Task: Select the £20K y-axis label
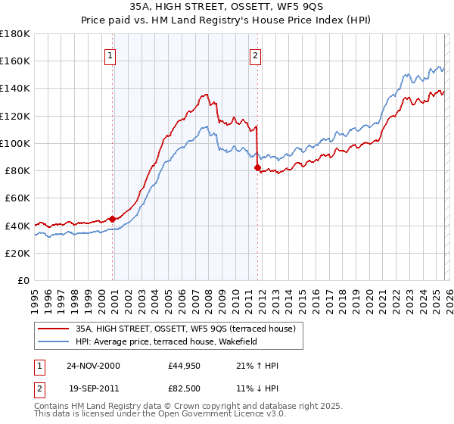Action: click(17, 253)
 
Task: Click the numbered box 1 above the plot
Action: click(110, 55)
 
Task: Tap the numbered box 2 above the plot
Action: click(256, 55)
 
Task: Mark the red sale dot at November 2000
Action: click(113, 219)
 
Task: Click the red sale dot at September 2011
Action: click(257, 167)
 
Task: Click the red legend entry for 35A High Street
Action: click(189, 328)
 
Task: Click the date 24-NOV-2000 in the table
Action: click(93, 366)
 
